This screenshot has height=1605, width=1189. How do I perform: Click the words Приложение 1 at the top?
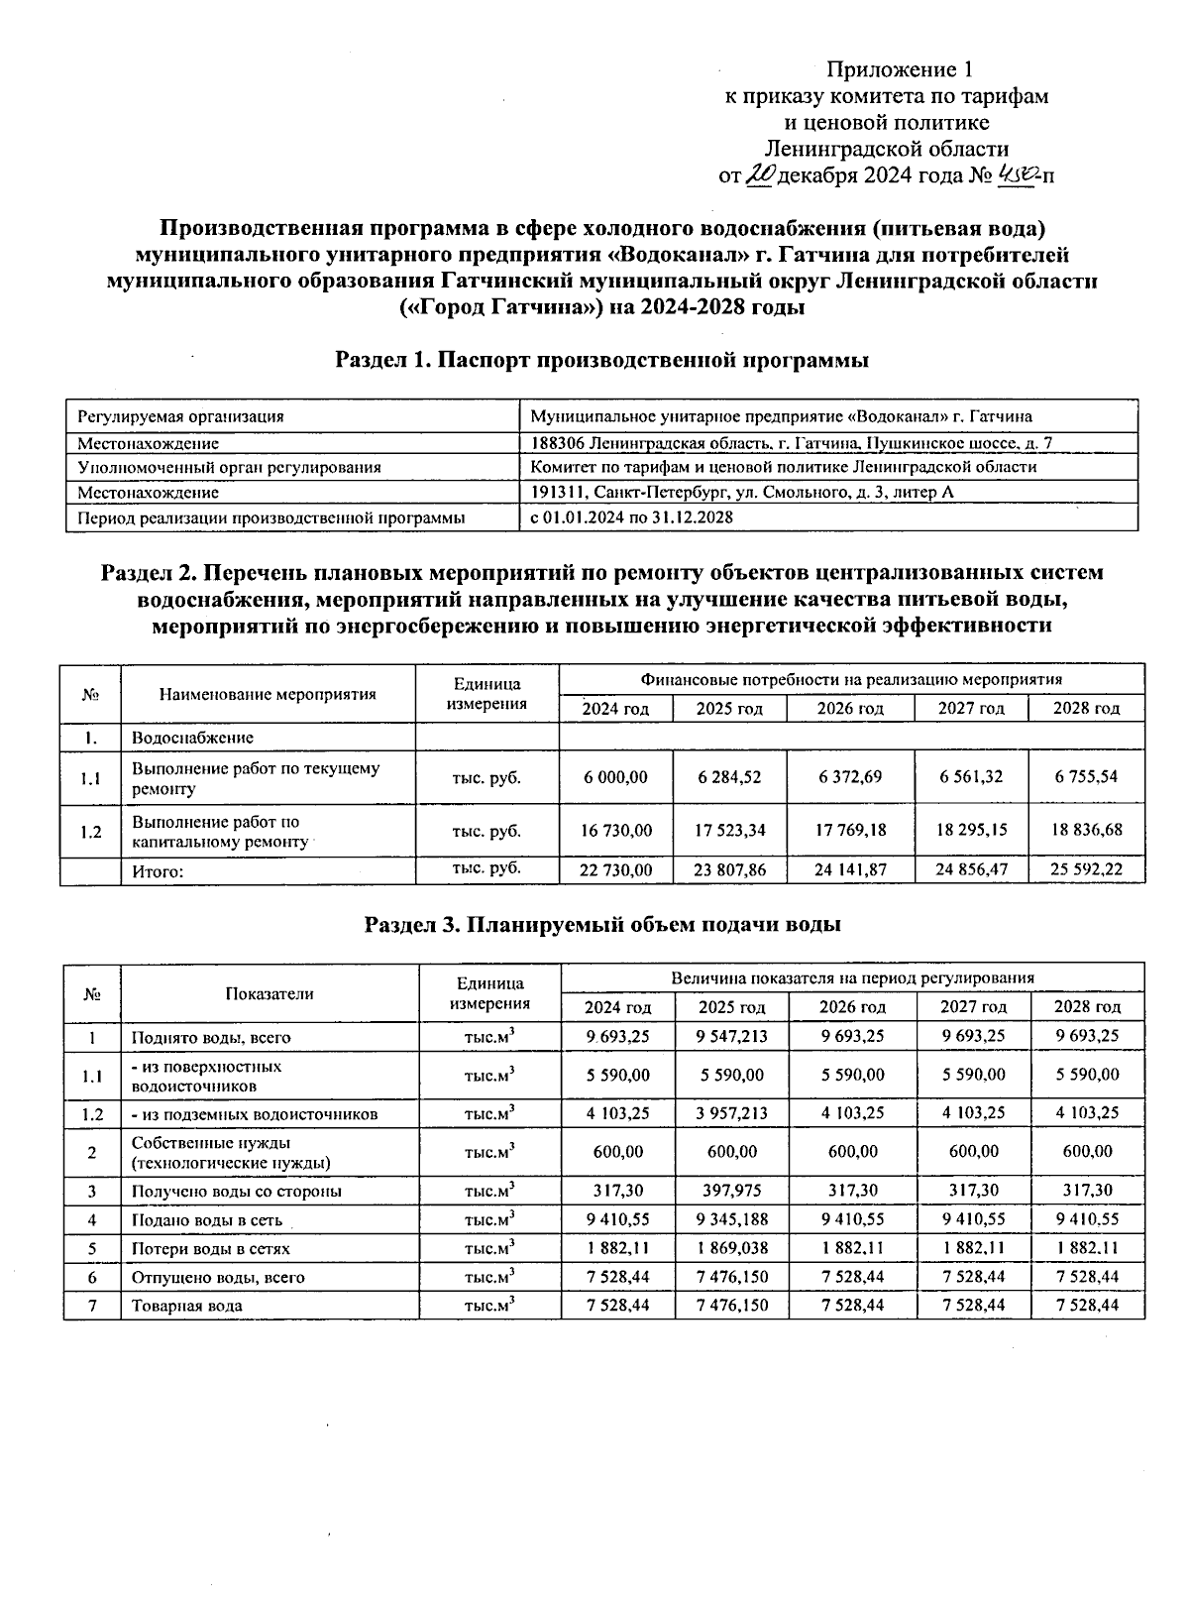pyautogui.click(x=901, y=69)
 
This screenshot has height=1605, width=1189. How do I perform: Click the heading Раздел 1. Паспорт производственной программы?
pyautogui.click(x=602, y=360)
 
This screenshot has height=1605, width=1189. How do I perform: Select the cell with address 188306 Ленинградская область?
pyautogui.click(x=792, y=443)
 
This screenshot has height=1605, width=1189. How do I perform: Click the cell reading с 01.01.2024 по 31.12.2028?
pyautogui.click(x=632, y=517)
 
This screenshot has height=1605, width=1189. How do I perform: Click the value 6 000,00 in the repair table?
pyautogui.click(x=616, y=777)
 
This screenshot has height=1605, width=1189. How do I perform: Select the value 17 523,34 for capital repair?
pyautogui.click(x=730, y=830)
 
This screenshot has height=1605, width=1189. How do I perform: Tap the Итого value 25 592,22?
pyautogui.click(x=1087, y=869)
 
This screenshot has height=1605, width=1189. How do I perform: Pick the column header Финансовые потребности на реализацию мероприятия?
pyautogui.click(x=851, y=679)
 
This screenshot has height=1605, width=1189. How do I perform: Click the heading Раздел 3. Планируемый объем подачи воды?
pyautogui.click(x=602, y=924)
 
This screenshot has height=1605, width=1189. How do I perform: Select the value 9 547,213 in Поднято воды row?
pyautogui.click(x=732, y=1035)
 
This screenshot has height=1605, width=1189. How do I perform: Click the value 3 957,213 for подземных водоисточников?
pyautogui.click(x=732, y=1113)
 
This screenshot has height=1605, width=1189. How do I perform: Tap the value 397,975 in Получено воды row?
pyautogui.click(x=732, y=1191)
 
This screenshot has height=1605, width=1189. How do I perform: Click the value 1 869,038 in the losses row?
pyautogui.click(x=732, y=1248)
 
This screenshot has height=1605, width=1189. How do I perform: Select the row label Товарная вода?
pyautogui.click(x=187, y=1306)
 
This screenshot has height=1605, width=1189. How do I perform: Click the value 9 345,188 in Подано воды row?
pyautogui.click(x=732, y=1219)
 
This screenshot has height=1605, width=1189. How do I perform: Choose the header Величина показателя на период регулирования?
pyautogui.click(x=852, y=977)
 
